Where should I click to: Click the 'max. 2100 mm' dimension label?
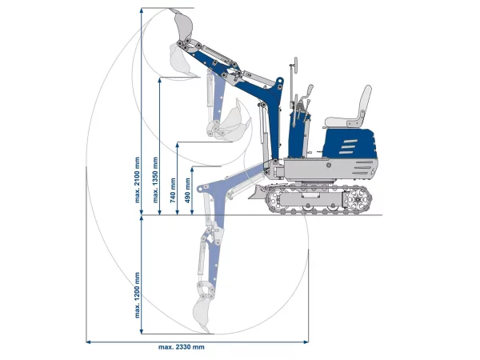pos(137,180)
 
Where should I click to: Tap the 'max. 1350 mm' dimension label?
pos(155,180)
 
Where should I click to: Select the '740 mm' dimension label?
pos(173,190)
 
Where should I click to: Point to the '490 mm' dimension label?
pos(188,190)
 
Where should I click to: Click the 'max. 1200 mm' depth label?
pos(137,295)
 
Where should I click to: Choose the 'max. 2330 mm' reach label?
pos(182,347)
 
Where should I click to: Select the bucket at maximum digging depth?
pos(202,315)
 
